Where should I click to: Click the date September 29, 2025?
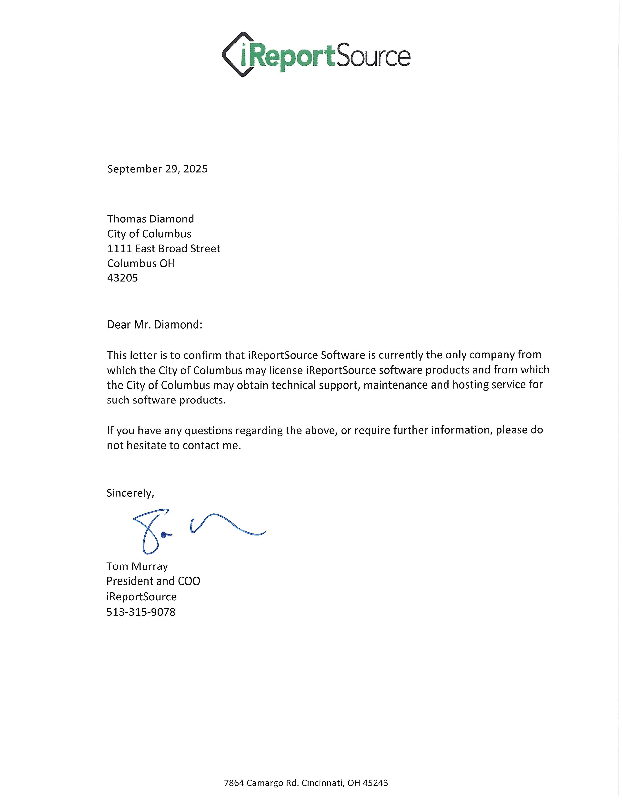157,169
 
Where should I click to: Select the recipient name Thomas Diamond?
150,219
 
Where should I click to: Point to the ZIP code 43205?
122,278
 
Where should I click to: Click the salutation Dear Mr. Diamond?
154,325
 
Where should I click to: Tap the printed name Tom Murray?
137,566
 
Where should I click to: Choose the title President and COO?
153,581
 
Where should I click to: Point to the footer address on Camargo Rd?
306,783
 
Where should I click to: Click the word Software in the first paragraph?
343,355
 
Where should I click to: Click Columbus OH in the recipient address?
141,263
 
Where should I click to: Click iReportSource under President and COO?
141,597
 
